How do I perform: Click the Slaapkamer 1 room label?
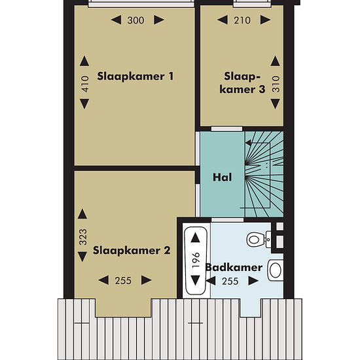(135, 77)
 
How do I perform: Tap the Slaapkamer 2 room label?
(132, 250)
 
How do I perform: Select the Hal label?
(222, 177)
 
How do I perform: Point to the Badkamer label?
(234, 268)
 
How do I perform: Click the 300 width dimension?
(135, 20)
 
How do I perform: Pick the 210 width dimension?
(242, 20)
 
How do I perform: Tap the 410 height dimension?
(84, 84)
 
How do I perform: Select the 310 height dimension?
(276, 84)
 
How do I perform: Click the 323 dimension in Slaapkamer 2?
(83, 237)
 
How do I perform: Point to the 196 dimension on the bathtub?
(196, 260)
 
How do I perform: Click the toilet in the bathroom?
(259, 240)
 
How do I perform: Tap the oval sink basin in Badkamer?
(276, 270)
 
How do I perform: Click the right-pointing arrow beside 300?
(159, 20)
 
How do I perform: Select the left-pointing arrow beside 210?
(223, 20)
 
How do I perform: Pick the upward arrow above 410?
(84, 61)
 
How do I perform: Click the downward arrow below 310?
(276, 104)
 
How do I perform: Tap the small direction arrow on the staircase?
(248, 143)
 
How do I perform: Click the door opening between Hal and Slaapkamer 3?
(226, 128)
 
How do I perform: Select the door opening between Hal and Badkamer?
(227, 220)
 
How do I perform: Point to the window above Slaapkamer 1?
(141, 4)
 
